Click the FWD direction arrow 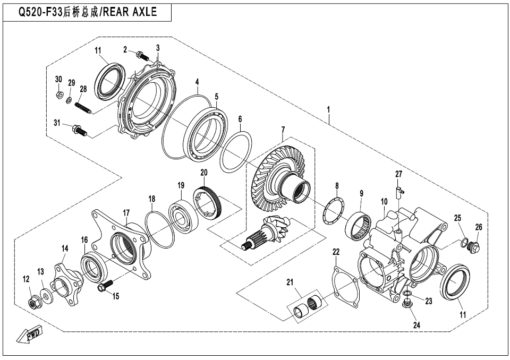[29, 335]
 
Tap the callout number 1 [328, 109]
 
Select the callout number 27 [399, 174]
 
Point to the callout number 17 [126, 213]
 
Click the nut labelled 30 [59, 95]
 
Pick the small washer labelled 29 [70, 99]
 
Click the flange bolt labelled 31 [79, 130]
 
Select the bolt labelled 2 [142, 56]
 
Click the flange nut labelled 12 [33, 303]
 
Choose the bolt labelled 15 [105, 286]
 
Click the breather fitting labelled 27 [399, 191]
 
